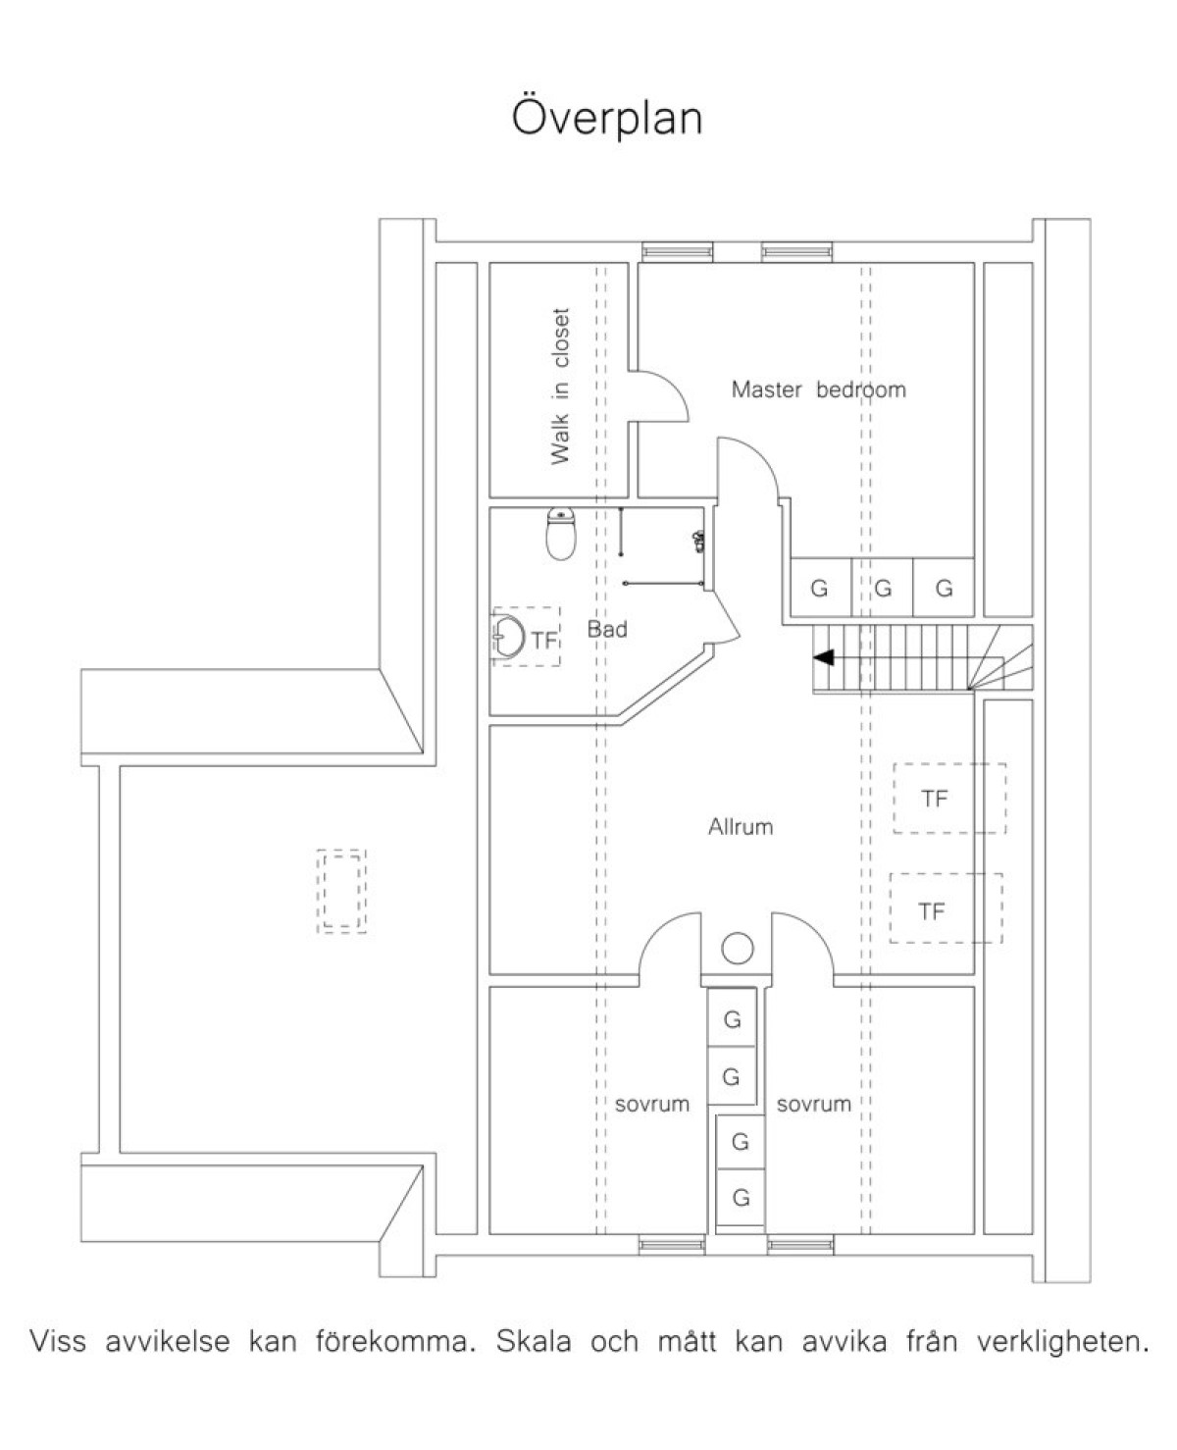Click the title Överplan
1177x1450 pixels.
tap(607, 118)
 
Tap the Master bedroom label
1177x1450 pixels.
tap(818, 389)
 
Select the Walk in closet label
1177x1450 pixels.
tap(560, 387)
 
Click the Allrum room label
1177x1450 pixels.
tap(741, 827)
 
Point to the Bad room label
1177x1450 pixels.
tap(607, 629)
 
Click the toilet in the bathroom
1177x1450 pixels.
tap(561, 534)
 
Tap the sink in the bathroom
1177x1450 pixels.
tap(507, 638)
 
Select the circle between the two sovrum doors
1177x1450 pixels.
tap(738, 948)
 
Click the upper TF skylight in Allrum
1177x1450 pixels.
tap(949, 798)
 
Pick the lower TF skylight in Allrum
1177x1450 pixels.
tap(946, 908)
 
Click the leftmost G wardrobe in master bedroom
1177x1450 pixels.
tap(821, 587)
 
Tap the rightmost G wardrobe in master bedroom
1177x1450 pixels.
tap(944, 587)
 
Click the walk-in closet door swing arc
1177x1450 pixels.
tap(671, 386)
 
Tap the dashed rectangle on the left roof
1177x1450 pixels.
tap(341, 891)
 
